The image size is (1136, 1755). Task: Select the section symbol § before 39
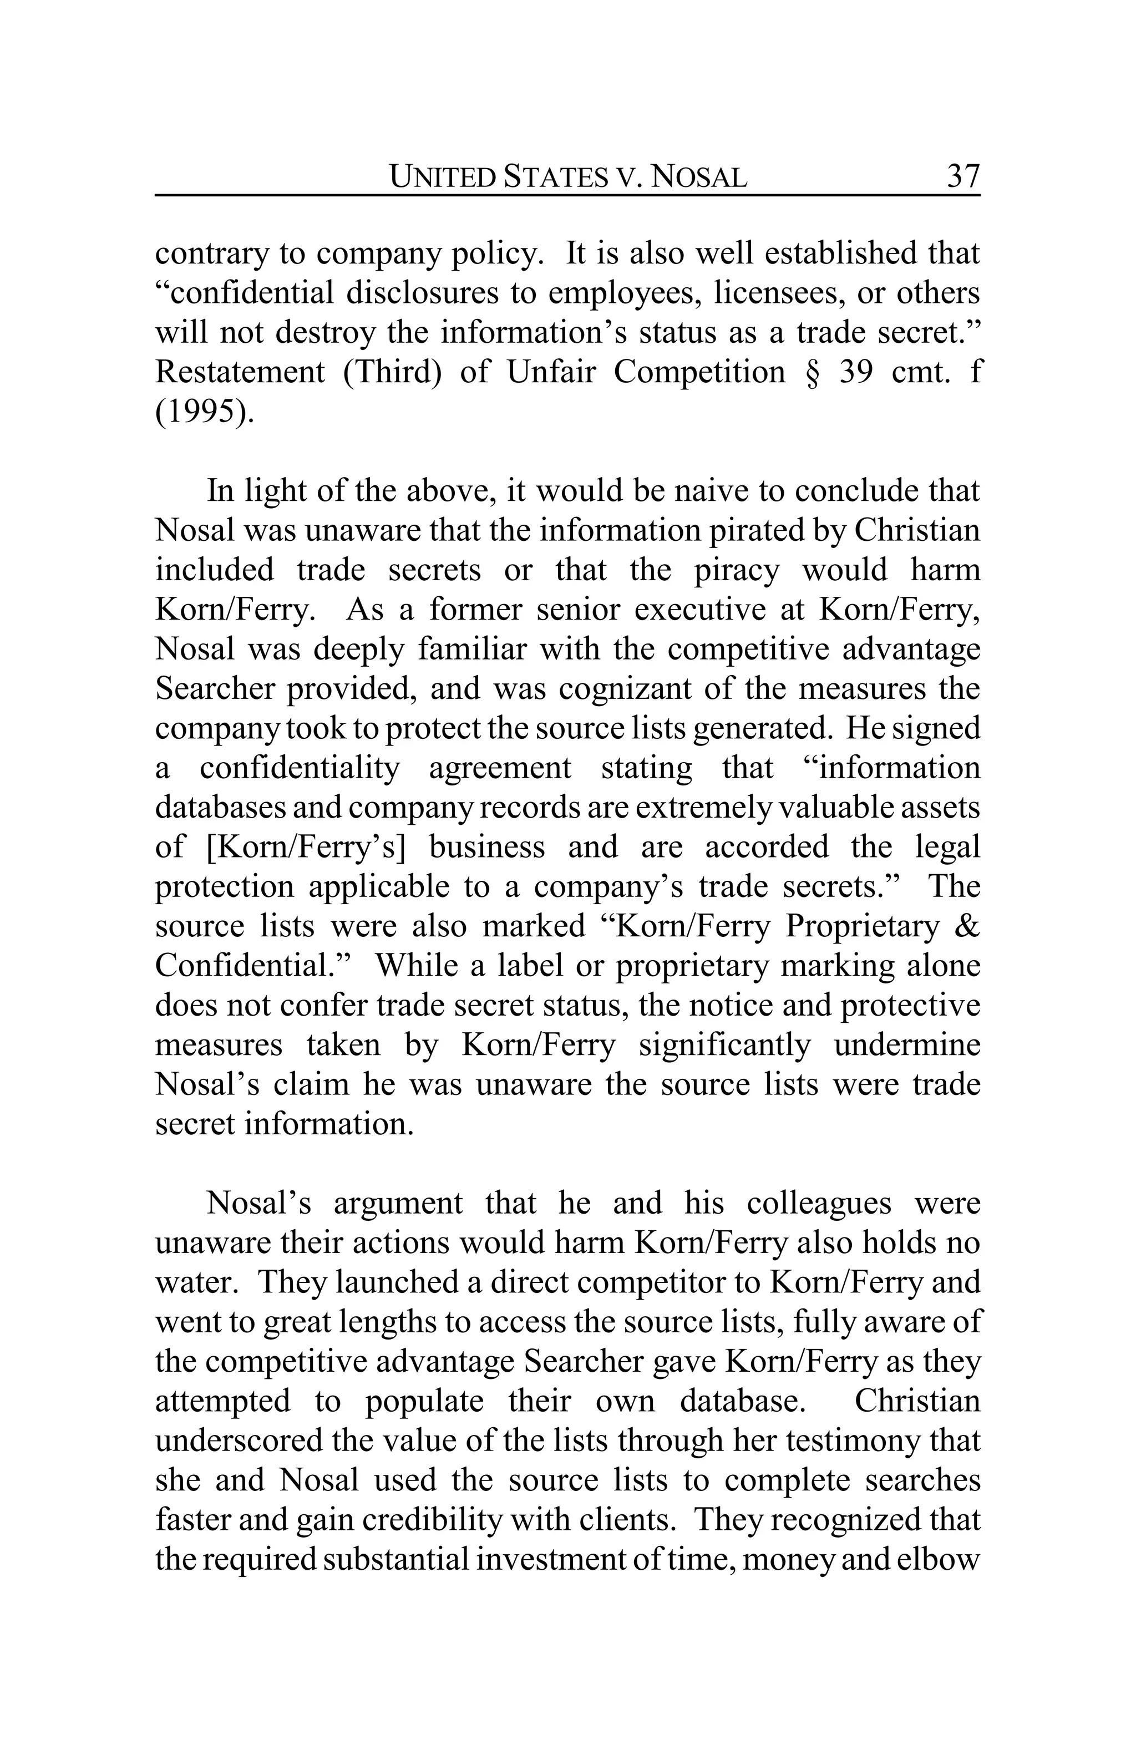pos(812,372)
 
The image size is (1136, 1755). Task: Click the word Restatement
pos(240,372)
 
